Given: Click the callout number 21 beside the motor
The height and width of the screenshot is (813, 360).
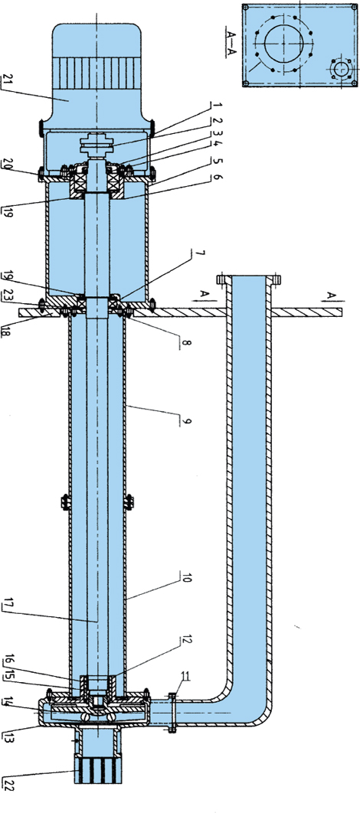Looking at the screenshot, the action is pos(7,80).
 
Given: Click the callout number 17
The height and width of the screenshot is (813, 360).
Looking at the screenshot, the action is pos(8,605).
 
